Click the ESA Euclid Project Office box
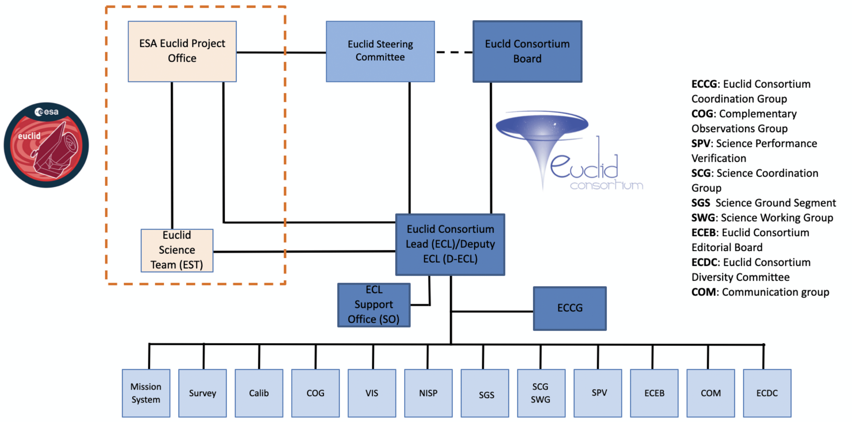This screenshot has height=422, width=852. click(x=182, y=51)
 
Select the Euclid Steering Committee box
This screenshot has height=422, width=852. click(x=380, y=51)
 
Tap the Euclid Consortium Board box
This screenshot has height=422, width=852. click(x=527, y=51)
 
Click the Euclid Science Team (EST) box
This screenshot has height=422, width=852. click(x=177, y=250)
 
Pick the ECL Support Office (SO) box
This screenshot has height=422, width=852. click(x=374, y=305)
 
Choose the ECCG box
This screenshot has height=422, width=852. click(x=569, y=308)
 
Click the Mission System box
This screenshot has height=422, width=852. click(x=146, y=393)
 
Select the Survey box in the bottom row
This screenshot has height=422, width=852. click(x=202, y=393)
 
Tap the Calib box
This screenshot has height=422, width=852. click(x=259, y=393)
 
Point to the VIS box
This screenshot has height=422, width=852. click(x=372, y=393)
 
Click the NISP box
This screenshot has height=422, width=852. click(x=428, y=393)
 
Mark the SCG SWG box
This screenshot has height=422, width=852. click(x=541, y=393)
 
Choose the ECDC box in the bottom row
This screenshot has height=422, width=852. click(x=767, y=393)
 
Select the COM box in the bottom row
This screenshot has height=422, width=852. click(x=711, y=393)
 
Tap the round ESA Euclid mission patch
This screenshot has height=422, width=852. click(x=46, y=145)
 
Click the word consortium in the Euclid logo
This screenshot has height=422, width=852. click(x=606, y=185)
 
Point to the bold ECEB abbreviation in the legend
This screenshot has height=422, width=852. click(x=705, y=232)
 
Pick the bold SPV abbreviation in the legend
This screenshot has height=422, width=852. click(x=701, y=144)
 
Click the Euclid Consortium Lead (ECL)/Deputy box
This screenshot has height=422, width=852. click(x=450, y=244)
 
